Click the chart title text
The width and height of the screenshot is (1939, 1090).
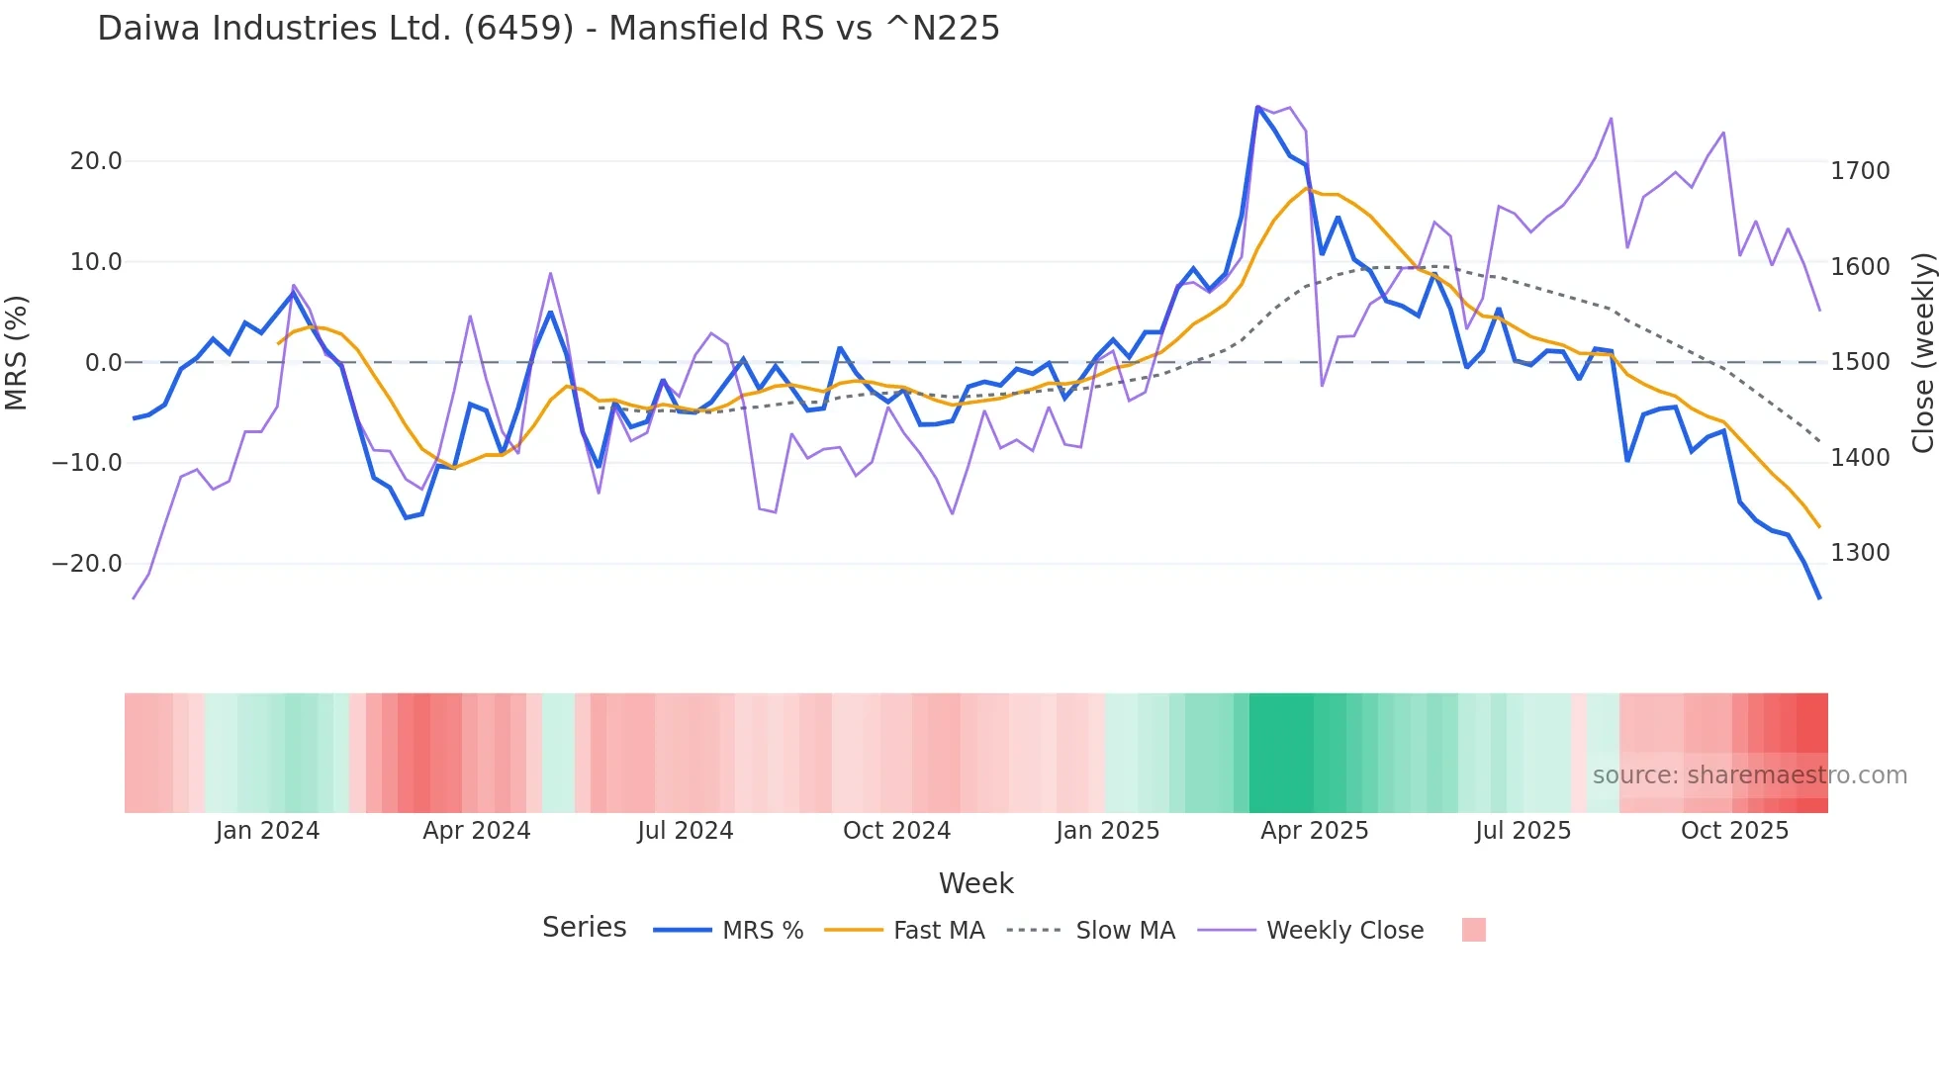click(x=548, y=29)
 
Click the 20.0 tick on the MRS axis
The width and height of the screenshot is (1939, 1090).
click(x=96, y=161)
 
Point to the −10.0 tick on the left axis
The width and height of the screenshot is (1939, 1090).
click(x=87, y=463)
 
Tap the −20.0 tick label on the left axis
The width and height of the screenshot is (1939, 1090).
click(x=87, y=564)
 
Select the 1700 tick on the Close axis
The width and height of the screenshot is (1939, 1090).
click(x=1860, y=171)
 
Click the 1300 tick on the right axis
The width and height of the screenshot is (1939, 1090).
click(x=1860, y=553)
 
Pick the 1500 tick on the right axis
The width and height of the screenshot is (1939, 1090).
click(x=1860, y=362)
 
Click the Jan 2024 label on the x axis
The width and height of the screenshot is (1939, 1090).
click(x=267, y=831)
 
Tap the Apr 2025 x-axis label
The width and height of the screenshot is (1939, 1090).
click(x=1314, y=831)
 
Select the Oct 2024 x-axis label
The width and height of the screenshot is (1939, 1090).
click(x=896, y=831)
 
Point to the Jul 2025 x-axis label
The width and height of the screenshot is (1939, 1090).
click(x=1523, y=831)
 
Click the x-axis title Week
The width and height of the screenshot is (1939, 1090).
click(x=975, y=883)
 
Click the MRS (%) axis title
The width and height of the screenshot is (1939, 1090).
click(x=17, y=353)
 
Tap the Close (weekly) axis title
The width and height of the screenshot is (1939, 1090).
click(x=1922, y=353)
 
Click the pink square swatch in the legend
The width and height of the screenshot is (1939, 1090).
click(x=1473, y=930)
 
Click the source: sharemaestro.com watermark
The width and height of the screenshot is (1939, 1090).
click(x=1749, y=775)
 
